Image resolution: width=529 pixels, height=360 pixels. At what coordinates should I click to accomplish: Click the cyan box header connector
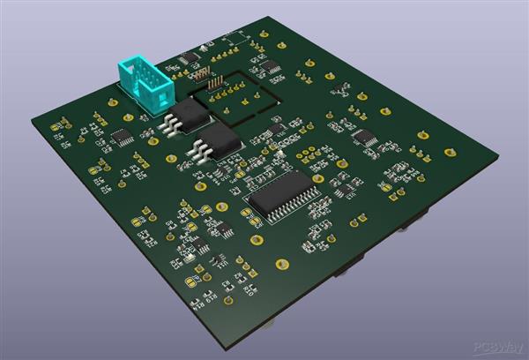141,84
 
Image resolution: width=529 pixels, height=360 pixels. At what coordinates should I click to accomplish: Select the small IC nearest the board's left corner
122,136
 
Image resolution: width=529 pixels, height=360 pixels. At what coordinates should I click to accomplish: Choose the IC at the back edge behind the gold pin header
189,58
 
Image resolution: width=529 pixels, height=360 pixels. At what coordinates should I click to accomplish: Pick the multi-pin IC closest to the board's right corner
364,138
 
